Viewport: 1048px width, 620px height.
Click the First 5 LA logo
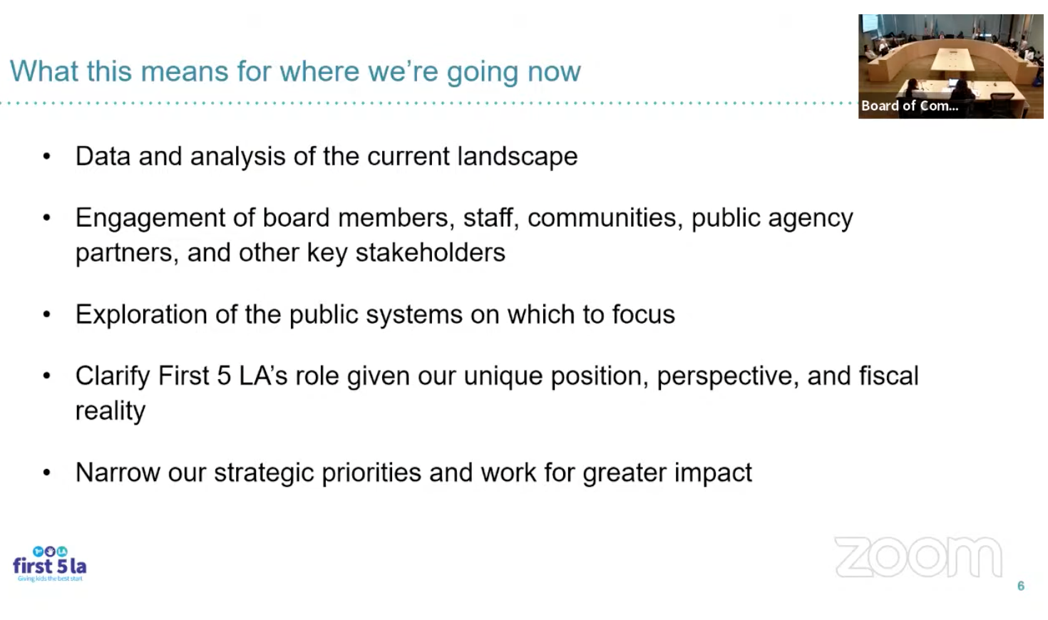click(x=50, y=564)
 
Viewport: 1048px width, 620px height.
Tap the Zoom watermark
click(x=918, y=557)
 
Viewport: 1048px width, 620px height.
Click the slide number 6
click(x=1021, y=586)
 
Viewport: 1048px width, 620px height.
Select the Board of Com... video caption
click(x=910, y=106)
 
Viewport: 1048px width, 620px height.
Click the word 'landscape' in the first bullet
click(x=518, y=156)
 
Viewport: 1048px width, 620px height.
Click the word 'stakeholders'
click(x=431, y=252)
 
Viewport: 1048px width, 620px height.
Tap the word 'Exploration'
click(x=141, y=315)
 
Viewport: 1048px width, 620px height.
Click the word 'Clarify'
click(x=113, y=376)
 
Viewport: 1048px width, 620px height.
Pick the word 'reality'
click(x=111, y=411)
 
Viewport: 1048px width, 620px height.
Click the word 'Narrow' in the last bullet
click(x=118, y=472)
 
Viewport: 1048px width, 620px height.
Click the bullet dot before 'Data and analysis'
click(x=46, y=157)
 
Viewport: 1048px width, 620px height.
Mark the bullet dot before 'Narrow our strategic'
click(x=46, y=472)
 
